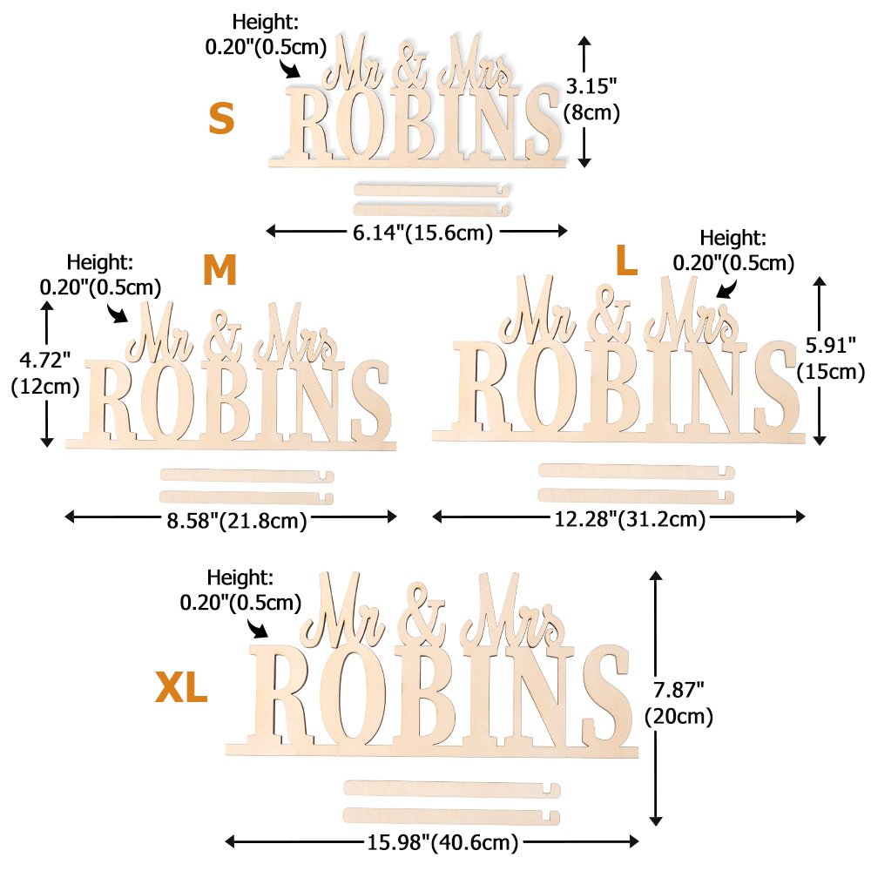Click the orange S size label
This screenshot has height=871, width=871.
coord(221,119)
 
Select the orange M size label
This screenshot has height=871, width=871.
coord(219,272)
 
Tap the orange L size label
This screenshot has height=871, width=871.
coord(627,260)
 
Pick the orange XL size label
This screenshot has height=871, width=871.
coord(181,688)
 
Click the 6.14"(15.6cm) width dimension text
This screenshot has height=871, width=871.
coord(416,232)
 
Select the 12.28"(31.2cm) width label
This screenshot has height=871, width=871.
coord(630,520)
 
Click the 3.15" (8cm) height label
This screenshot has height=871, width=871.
coord(592,99)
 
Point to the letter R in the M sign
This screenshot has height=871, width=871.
coord(116,402)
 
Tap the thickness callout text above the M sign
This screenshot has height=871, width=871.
coord(100,273)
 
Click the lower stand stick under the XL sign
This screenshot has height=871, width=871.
coord(452,816)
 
